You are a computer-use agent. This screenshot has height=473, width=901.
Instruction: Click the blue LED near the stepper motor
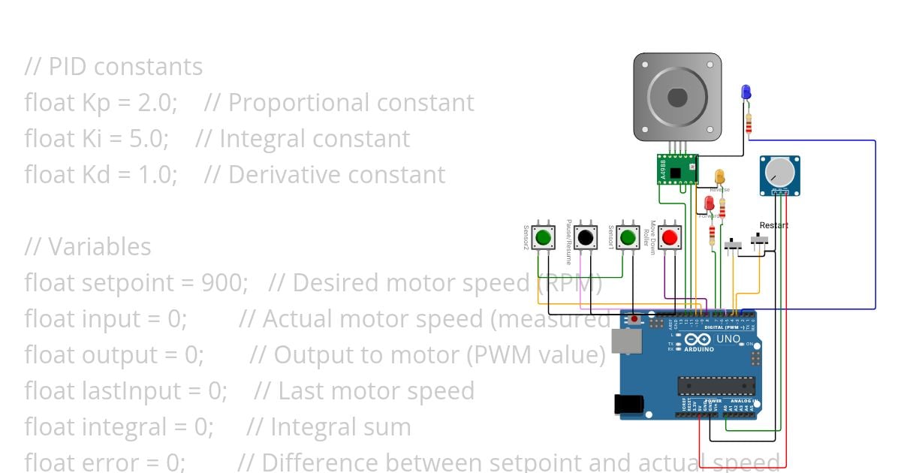click(x=746, y=92)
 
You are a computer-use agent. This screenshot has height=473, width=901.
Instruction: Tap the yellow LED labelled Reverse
click(x=719, y=177)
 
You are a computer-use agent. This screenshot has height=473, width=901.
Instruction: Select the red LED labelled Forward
click(x=710, y=203)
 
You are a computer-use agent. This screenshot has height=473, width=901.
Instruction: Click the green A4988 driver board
click(x=675, y=169)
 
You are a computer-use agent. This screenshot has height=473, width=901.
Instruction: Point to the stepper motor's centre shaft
click(x=677, y=98)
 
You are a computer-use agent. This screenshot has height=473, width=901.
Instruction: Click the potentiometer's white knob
click(x=779, y=173)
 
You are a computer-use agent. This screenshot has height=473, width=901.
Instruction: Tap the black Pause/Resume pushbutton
click(x=586, y=238)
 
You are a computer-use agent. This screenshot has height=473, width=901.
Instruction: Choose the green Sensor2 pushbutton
click(x=544, y=238)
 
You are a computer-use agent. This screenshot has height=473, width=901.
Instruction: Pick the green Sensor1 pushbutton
click(x=628, y=238)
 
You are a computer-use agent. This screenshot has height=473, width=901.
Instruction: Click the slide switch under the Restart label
click(x=761, y=241)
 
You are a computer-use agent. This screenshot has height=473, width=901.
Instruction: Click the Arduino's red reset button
click(x=634, y=319)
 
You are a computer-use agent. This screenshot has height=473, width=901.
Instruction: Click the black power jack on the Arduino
click(x=628, y=404)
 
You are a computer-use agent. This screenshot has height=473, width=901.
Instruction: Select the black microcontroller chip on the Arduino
click(x=716, y=386)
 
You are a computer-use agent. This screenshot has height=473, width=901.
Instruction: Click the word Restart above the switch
click(x=774, y=225)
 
